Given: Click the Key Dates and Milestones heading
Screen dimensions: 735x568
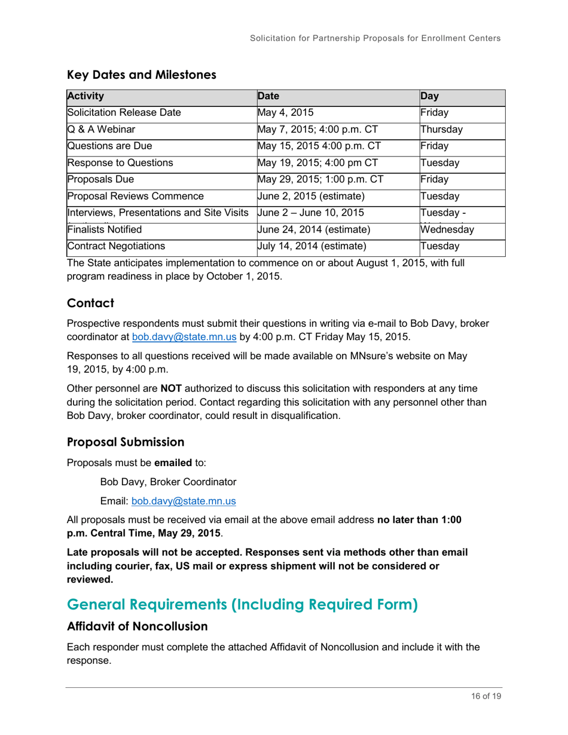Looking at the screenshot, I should coord(141,75).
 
